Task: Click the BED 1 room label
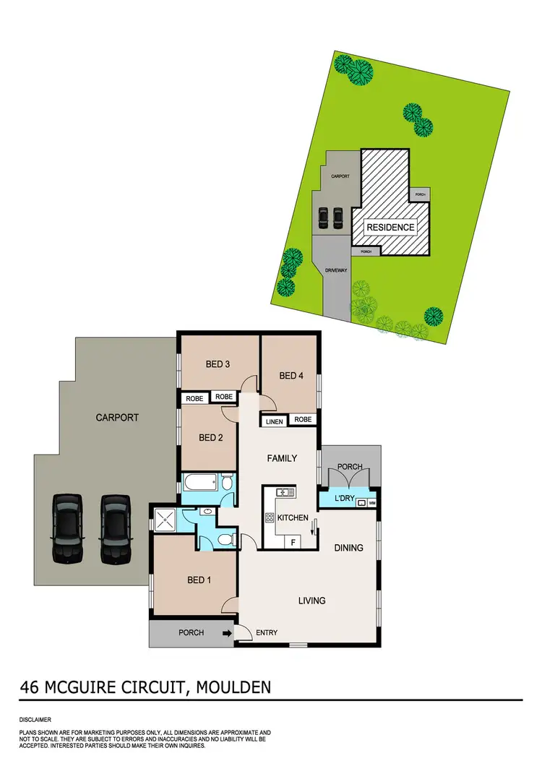pos(199,580)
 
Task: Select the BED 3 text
pos(218,364)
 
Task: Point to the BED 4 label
pos(291,375)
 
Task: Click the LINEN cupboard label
pos(274,421)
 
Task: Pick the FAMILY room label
pos(283,458)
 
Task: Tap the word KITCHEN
pos(293,517)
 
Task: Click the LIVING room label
pos(311,600)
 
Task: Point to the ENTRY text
pos(267,634)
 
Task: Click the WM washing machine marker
pos(372,502)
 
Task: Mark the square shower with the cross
pos(166,518)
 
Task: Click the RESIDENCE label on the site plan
pos(390,227)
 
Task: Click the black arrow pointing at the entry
pos(228,634)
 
